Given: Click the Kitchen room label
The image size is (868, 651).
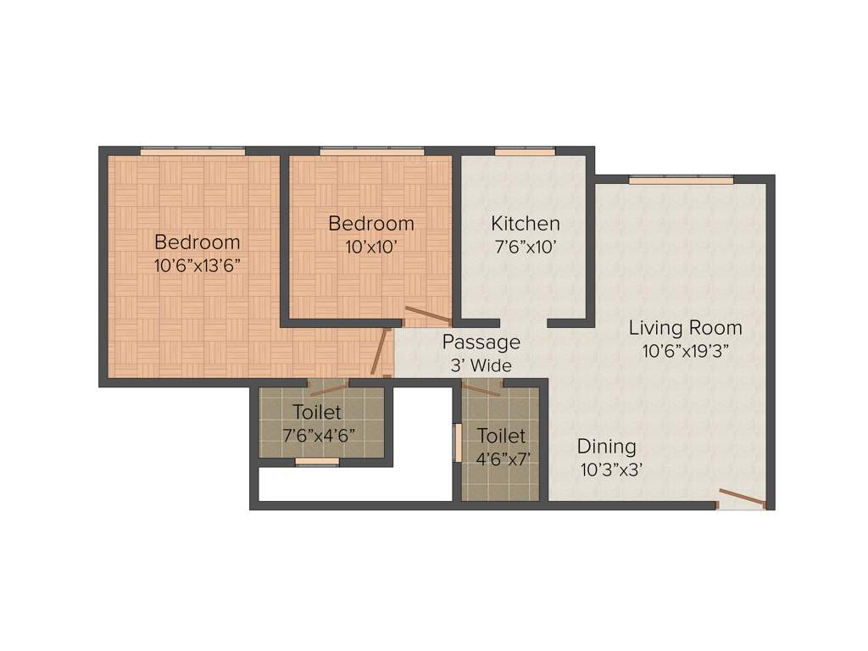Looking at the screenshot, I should (x=526, y=224).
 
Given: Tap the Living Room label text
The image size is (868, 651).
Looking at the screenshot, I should (x=685, y=328).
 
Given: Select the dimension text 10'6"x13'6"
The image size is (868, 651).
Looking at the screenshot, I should (x=198, y=264).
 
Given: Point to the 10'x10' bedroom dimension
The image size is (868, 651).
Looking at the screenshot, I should (x=371, y=248).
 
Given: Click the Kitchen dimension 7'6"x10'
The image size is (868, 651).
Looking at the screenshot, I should (x=526, y=248).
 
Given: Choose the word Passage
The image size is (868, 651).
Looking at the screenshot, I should (x=481, y=342).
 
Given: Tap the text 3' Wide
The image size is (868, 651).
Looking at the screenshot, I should (x=481, y=365).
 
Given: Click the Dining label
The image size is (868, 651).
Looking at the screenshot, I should (x=606, y=447).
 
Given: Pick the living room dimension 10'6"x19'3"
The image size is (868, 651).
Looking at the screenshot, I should (x=685, y=351).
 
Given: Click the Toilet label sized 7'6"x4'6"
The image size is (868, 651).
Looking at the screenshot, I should (x=317, y=413).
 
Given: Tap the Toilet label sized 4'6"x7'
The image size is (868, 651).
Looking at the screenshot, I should (x=501, y=436).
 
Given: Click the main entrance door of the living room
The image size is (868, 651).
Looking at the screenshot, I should (x=741, y=499).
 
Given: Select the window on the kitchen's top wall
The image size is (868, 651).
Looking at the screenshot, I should (x=525, y=152).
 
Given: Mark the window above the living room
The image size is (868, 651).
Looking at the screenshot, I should (x=681, y=180).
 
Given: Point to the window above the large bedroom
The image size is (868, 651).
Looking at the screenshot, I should (x=192, y=152).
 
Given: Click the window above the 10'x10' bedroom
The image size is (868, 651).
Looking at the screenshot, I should (x=371, y=152).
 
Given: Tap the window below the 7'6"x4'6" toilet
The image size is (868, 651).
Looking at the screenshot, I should (x=317, y=462).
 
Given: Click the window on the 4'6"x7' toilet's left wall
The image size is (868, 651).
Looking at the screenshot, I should (x=458, y=442).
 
